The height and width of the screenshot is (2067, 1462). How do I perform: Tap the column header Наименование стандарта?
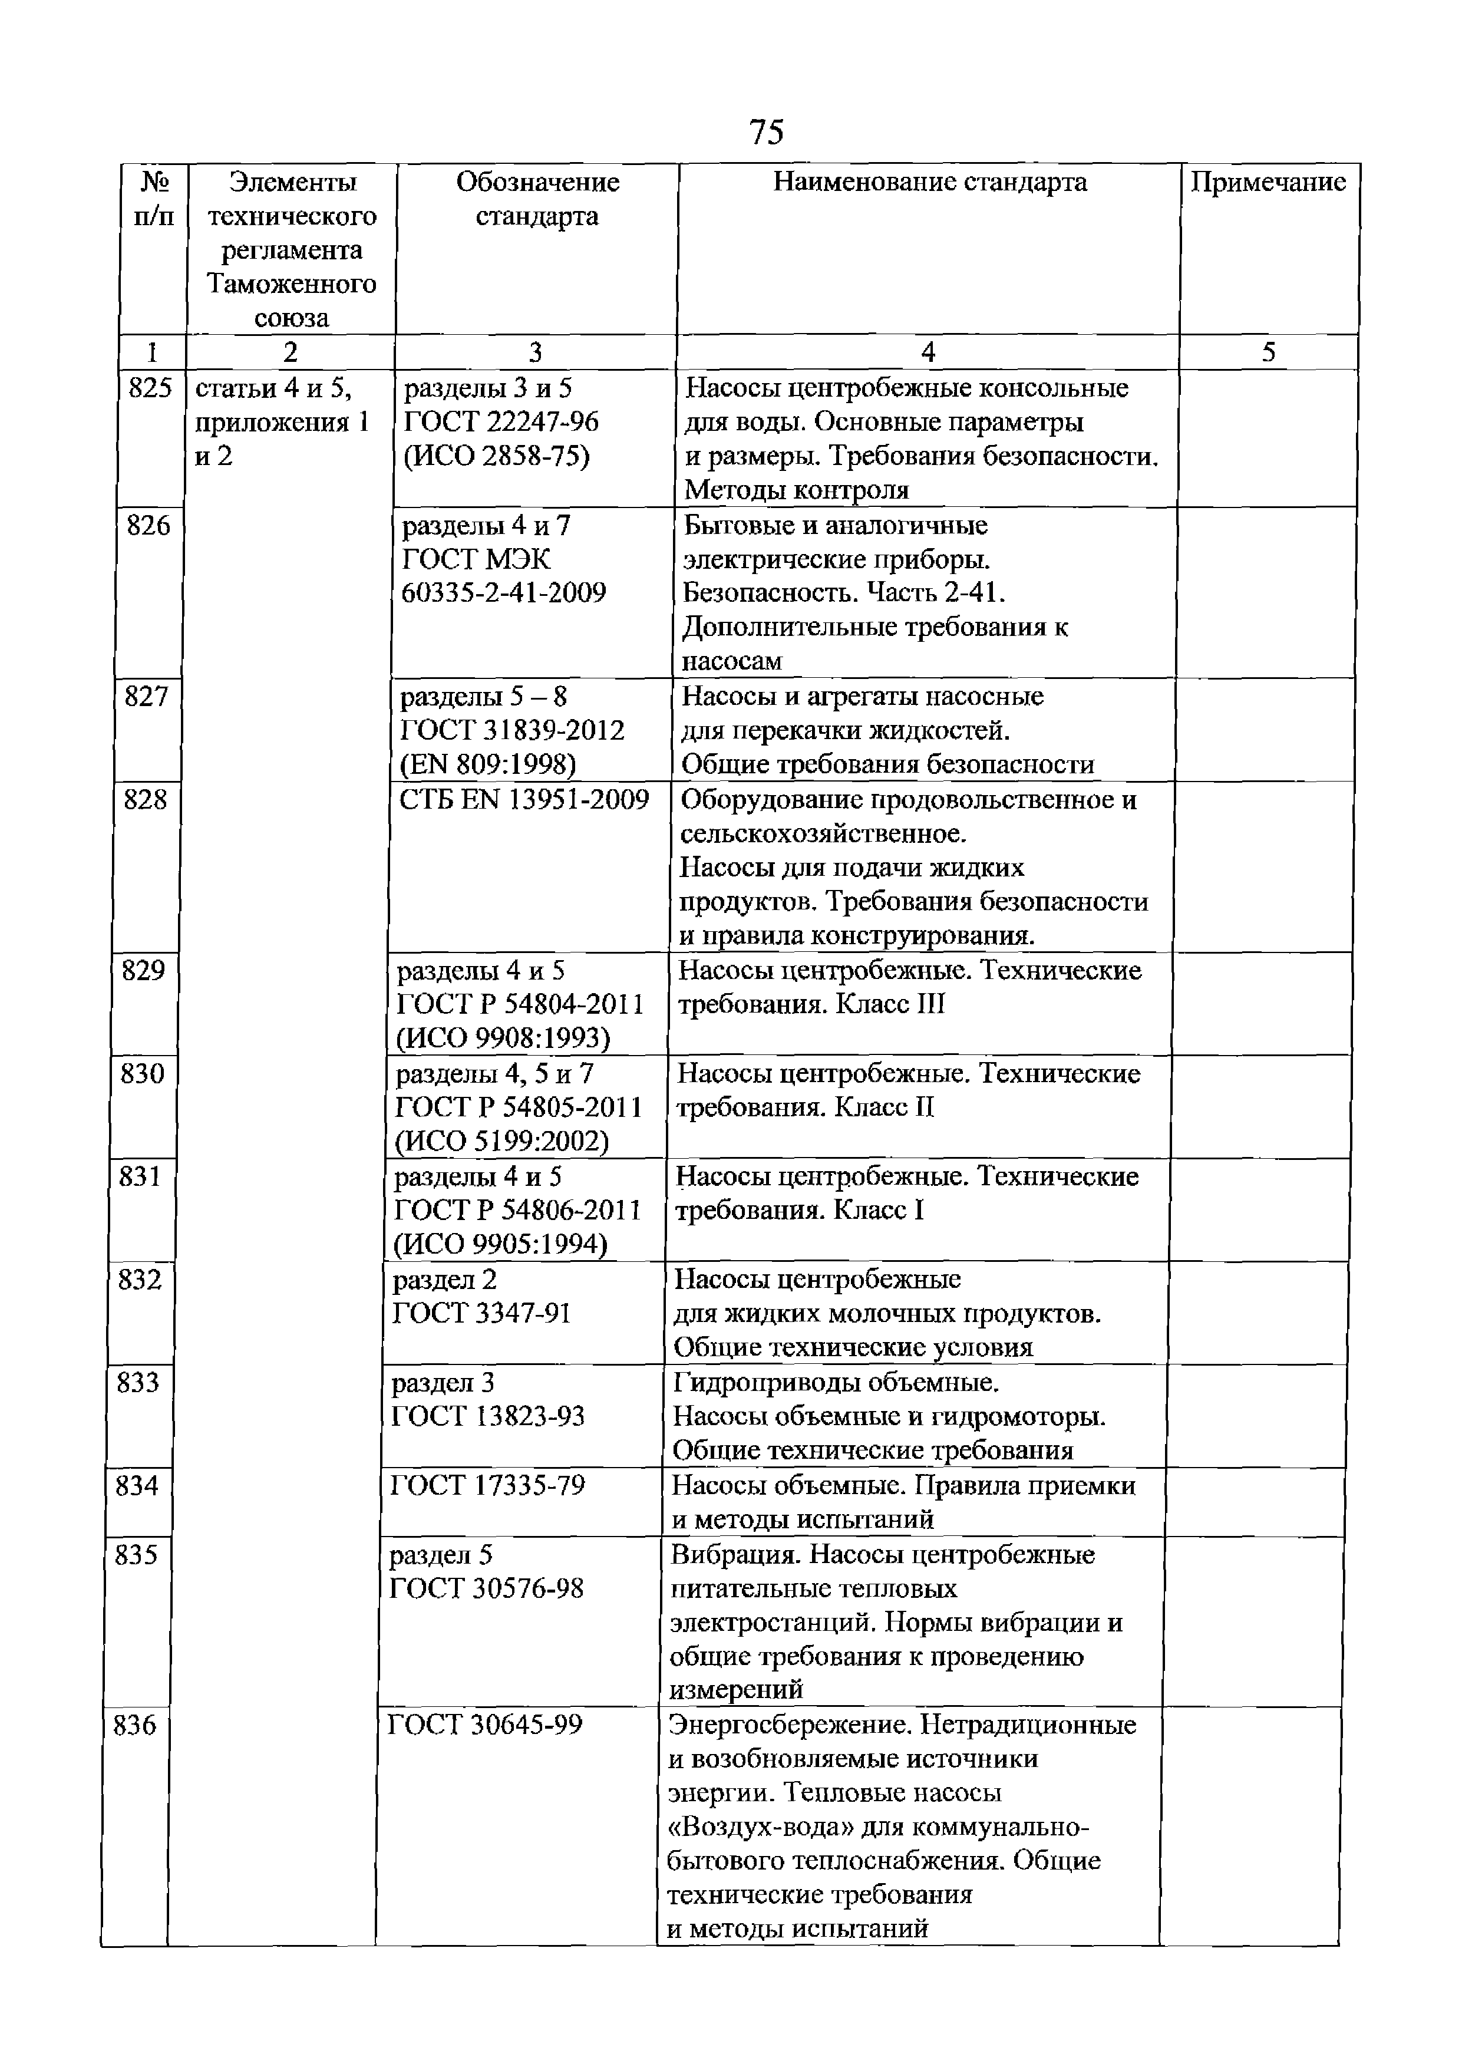(929, 183)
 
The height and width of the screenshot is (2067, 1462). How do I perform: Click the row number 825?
(150, 388)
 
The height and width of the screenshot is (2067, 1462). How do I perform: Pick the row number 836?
(135, 1724)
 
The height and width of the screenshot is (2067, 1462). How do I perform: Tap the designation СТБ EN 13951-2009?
(524, 799)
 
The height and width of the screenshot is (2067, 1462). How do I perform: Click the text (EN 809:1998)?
(487, 764)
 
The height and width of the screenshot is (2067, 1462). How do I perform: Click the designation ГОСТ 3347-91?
(481, 1314)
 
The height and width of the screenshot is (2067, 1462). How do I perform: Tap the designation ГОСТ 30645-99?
(484, 1724)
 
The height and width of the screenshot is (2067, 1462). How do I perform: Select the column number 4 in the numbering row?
(928, 352)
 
